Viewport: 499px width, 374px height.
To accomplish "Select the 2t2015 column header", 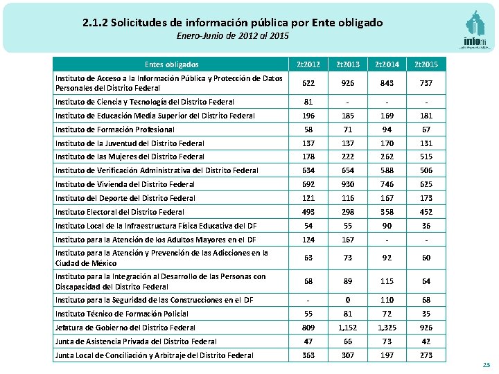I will coord(426,64).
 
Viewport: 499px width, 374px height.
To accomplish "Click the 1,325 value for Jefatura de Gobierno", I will coord(387,328).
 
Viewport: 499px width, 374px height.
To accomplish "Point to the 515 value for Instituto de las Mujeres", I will coord(426,157).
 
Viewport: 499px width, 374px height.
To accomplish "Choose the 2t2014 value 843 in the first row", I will coord(387,83).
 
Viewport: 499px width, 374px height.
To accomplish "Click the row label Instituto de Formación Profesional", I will coord(115,130).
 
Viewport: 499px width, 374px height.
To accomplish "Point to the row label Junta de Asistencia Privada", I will coord(136,341).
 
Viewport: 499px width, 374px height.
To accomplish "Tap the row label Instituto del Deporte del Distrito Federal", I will coord(125,198).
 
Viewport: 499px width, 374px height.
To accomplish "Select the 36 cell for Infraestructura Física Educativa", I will coord(426,226).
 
